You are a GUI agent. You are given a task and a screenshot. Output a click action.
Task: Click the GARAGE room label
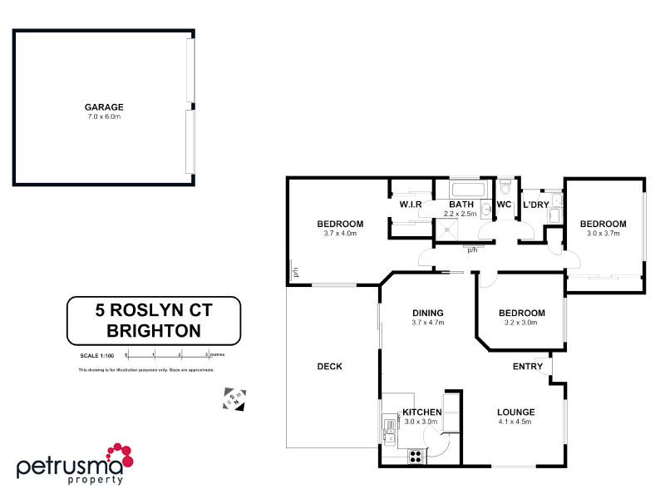pos(104,106)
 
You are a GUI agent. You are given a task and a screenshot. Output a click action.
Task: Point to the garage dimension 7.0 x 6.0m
pos(104,116)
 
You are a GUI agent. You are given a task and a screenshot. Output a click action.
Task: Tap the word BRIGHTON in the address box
pos(154,330)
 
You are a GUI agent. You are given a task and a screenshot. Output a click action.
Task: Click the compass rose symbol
pos(235,398)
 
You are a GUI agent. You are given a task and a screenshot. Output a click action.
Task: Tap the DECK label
pos(330,366)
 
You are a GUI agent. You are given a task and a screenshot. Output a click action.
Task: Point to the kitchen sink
pos(389,428)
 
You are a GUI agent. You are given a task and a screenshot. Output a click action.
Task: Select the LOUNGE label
pos(515,412)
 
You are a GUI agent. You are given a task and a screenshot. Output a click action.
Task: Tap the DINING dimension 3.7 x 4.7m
pos(428,323)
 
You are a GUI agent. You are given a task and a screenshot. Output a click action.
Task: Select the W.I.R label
pos(411,204)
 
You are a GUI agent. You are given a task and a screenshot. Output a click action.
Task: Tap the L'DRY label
pos(535,205)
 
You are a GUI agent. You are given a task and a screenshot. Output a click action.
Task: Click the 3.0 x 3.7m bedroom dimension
pos(602,234)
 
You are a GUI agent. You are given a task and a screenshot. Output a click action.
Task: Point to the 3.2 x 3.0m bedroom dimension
pos(521,323)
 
